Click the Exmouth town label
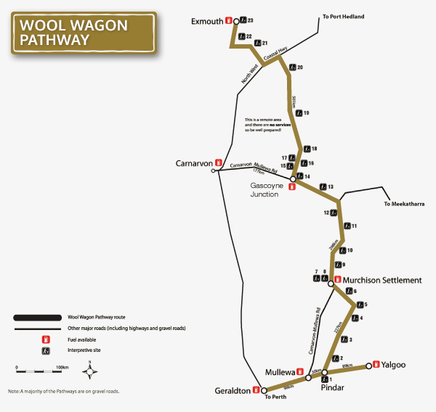coord(206,21)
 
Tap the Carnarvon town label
coord(193,163)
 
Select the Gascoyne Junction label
coord(267,190)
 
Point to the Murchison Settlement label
coord(381,280)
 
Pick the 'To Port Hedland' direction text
coord(343,16)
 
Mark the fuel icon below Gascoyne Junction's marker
coord(292,186)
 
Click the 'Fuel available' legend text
coord(86,339)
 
